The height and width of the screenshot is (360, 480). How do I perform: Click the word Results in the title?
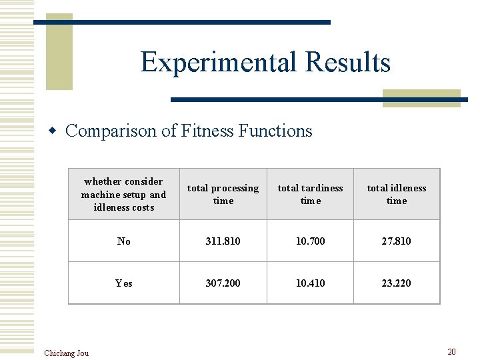(347, 63)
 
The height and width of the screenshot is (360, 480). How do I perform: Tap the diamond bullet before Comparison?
(55, 131)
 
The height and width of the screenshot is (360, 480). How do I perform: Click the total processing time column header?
(223, 194)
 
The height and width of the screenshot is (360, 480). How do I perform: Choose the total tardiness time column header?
(310, 194)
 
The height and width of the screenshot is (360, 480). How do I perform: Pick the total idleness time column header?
(397, 194)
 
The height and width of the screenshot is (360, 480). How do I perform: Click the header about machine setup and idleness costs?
(123, 194)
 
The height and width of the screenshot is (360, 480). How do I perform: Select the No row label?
(124, 241)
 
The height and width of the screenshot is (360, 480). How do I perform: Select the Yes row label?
(124, 283)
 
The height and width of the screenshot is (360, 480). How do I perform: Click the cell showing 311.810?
(223, 241)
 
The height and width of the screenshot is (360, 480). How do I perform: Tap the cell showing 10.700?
(310, 241)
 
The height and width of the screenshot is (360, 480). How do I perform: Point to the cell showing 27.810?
(397, 241)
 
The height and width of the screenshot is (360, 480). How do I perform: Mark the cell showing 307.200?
(223, 283)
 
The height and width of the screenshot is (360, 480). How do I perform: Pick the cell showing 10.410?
(310, 283)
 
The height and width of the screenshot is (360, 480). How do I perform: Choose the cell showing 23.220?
(397, 283)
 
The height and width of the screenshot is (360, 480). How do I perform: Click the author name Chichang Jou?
(66, 353)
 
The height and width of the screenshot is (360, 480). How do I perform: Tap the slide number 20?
(451, 351)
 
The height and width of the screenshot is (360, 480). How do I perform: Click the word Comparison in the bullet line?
(111, 131)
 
